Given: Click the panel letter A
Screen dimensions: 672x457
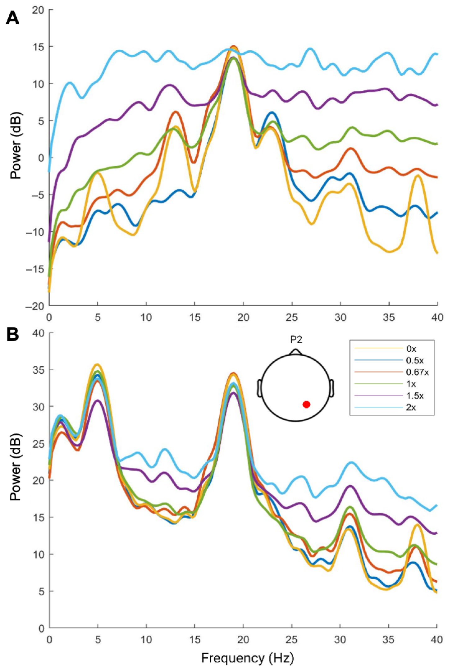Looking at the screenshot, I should click(12, 18).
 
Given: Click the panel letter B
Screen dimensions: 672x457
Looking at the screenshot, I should click(12, 335).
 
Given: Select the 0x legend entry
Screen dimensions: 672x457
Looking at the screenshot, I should click(411, 349).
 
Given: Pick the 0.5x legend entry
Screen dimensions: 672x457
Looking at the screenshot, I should click(415, 360).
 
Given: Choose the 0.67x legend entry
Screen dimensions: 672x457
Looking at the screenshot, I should click(417, 372).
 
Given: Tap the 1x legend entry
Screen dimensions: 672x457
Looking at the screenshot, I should click(411, 384).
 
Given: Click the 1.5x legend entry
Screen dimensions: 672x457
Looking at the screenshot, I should click(415, 395).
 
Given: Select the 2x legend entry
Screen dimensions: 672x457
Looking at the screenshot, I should click(411, 407).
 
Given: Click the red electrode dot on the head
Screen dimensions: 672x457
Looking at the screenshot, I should click(306, 404).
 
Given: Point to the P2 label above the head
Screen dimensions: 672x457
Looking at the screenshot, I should click(296, 340).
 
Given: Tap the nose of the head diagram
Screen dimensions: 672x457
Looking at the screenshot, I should click(295, 352).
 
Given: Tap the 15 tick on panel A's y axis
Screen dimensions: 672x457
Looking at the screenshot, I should click(39, 47).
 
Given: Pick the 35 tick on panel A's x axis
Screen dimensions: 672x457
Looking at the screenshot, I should click(389, 318).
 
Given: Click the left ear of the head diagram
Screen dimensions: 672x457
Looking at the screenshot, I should click(259, 388).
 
